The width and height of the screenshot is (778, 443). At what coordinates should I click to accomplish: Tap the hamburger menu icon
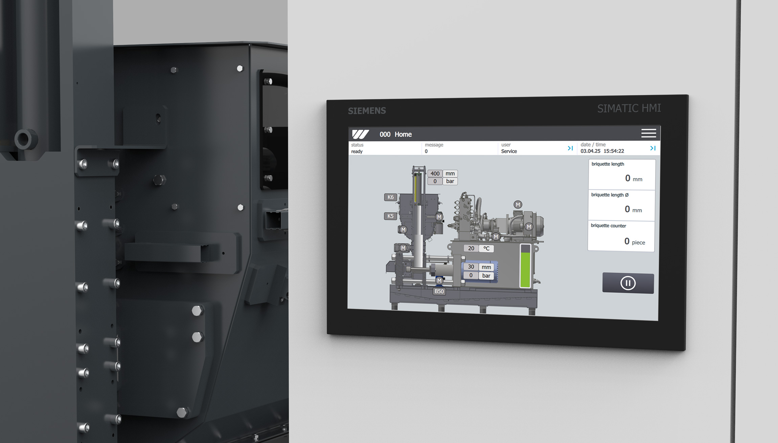click(648, 133)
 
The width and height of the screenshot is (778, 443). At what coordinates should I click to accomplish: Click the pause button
click(628, 283)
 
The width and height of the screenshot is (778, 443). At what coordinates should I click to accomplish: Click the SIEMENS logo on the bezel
click(367, 111)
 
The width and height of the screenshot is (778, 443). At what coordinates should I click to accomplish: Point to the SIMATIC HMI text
click(629, 108)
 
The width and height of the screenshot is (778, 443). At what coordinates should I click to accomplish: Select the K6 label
click(390, 197)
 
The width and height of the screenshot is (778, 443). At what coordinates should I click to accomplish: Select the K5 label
click(390, 216)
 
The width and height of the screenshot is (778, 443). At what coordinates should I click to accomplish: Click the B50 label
click(439, 291)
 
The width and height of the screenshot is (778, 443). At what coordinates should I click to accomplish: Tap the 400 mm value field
click(435, 173)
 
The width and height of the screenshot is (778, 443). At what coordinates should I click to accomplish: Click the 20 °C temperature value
click(471, 248)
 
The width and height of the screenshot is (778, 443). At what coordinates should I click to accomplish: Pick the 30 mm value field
click(471, 267)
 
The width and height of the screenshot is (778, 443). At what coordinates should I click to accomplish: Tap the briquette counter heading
click(608, 226)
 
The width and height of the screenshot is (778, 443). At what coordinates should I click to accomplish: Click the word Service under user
click(509, 151)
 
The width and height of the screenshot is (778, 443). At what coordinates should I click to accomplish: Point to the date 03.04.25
click(590, 151)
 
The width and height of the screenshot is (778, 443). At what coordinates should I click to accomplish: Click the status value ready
click(357, 151)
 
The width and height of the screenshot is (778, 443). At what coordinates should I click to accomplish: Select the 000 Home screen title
click(395, 134)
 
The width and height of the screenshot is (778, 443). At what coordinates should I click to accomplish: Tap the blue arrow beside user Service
click(570, 148)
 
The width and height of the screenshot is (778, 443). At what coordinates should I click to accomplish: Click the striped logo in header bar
click(360, 134)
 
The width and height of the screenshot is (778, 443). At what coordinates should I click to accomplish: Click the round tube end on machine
click(24, 139)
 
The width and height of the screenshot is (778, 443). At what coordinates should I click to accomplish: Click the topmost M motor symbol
click(518, 205)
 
